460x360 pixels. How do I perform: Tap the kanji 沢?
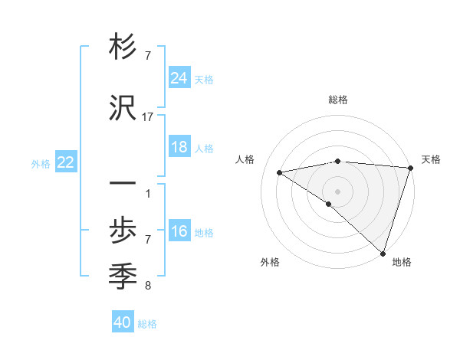123,109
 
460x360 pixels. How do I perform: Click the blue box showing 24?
179,78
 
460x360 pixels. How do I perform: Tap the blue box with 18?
179,147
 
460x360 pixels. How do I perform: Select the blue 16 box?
179,231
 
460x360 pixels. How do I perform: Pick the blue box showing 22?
66,162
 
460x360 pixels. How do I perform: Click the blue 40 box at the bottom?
123,322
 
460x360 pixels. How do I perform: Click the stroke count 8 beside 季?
147,286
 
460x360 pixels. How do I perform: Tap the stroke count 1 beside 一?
147,193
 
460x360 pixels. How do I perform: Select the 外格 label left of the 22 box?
41,163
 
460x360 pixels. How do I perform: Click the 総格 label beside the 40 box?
147,324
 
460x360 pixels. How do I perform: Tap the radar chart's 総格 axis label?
337,100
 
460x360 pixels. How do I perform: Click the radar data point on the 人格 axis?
280,173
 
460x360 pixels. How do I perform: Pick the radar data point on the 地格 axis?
383,253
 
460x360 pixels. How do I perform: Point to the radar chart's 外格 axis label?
270,262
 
